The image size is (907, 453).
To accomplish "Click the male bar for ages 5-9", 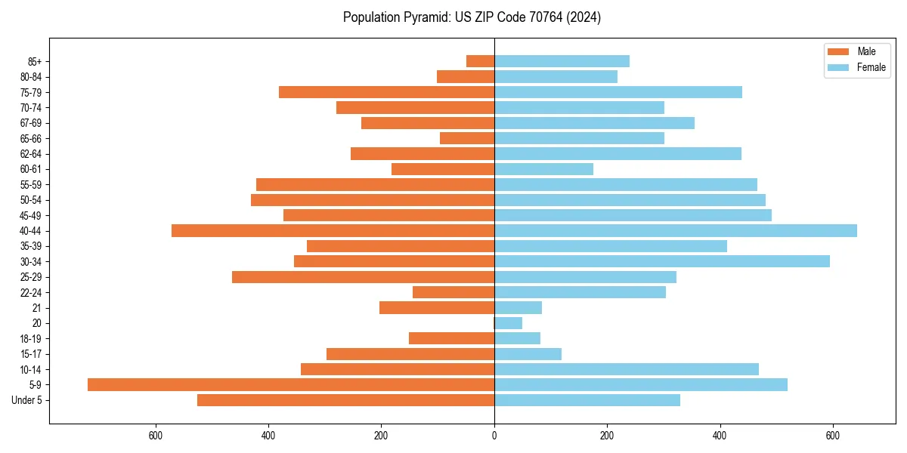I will (x=291, y=384).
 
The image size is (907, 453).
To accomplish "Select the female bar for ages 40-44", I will (x=676, y=230).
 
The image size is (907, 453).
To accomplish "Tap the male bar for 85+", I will (x=480, y=61).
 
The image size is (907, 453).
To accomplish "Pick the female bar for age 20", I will (x=508, y=323).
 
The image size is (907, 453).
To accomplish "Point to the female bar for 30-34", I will (x=662, y=261).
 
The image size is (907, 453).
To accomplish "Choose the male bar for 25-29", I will (x=363, y=277).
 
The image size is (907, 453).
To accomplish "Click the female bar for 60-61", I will (x=543, y=169).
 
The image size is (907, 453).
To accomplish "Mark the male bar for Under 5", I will (x=345, y=400).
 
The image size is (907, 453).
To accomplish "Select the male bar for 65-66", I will (x=467, y=138).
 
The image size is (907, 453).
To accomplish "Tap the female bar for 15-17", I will (x=528, y=354).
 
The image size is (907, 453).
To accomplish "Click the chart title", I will (x=472, y=17).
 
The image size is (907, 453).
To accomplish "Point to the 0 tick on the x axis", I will (x=494, y=435).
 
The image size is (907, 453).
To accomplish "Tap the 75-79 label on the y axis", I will (x=30, y=92).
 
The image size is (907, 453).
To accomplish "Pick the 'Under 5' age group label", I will (x=27, y=400).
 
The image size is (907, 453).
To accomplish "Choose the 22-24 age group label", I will (x=30, y=292).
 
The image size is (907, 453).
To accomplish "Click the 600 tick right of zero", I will (x=832, y=435).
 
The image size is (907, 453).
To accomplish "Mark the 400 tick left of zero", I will (x=268, y=435).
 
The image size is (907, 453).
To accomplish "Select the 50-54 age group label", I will (x=30, y=200).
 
